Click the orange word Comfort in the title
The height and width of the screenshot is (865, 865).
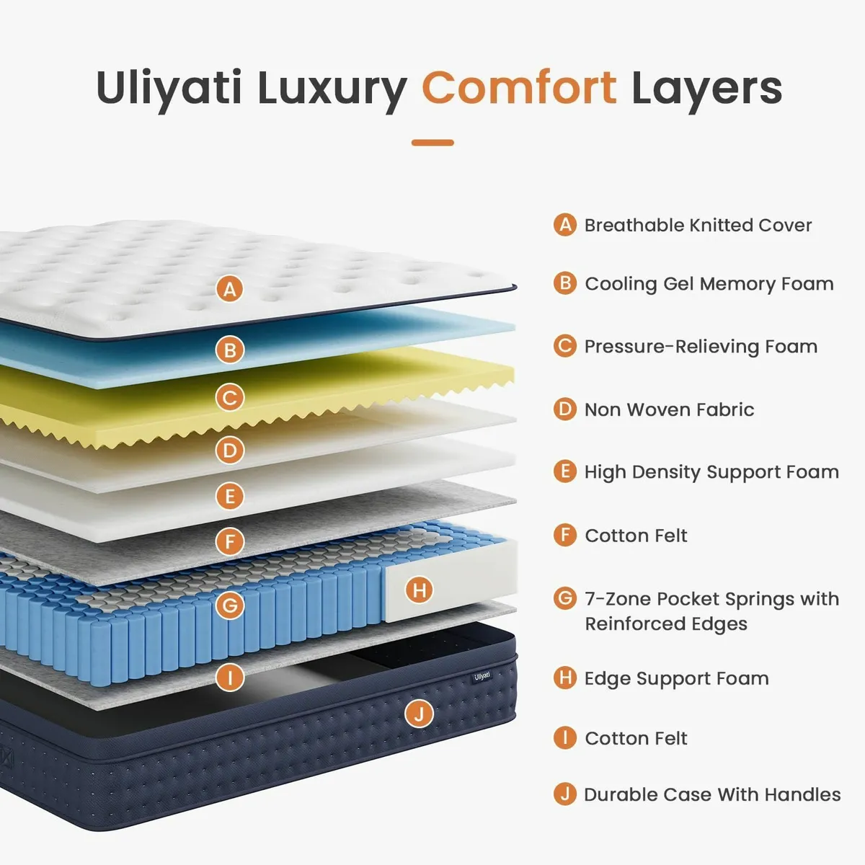(x=518, y=88)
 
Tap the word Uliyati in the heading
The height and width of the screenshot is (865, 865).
(x=169, y=88)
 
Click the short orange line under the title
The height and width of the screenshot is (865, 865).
(x=432, y=143)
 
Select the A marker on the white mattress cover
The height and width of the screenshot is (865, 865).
(x=230, y=290)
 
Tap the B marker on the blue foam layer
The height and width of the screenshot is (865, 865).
(x=230, y=350)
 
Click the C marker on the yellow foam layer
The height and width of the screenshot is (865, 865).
(x=230, y=397)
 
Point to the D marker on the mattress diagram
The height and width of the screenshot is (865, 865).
(x=230, y=451)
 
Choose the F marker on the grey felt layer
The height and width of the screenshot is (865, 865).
(x=230, y=541)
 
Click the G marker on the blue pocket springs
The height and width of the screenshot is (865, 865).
(x=230, y=605)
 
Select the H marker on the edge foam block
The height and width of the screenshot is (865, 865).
(x=420, y=590)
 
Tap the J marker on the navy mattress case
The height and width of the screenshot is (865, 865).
(x=419, y=714)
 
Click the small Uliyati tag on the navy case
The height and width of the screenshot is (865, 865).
(x=482, y=676)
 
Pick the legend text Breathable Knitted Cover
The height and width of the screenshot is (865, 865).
(x=697, y=225)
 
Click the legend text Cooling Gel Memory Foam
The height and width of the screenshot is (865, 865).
(x=709, y=283)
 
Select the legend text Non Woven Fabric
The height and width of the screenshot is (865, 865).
(x=669, y=409)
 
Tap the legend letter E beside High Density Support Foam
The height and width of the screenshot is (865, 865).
(x=565, y=471)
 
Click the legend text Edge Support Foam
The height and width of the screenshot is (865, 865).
(x=676, y=678)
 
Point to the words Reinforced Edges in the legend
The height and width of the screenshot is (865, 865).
(x=665, y=624)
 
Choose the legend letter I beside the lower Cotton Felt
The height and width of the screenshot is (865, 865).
(x=565, y=738)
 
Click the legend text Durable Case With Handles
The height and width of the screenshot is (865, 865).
(x=711, y=794)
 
